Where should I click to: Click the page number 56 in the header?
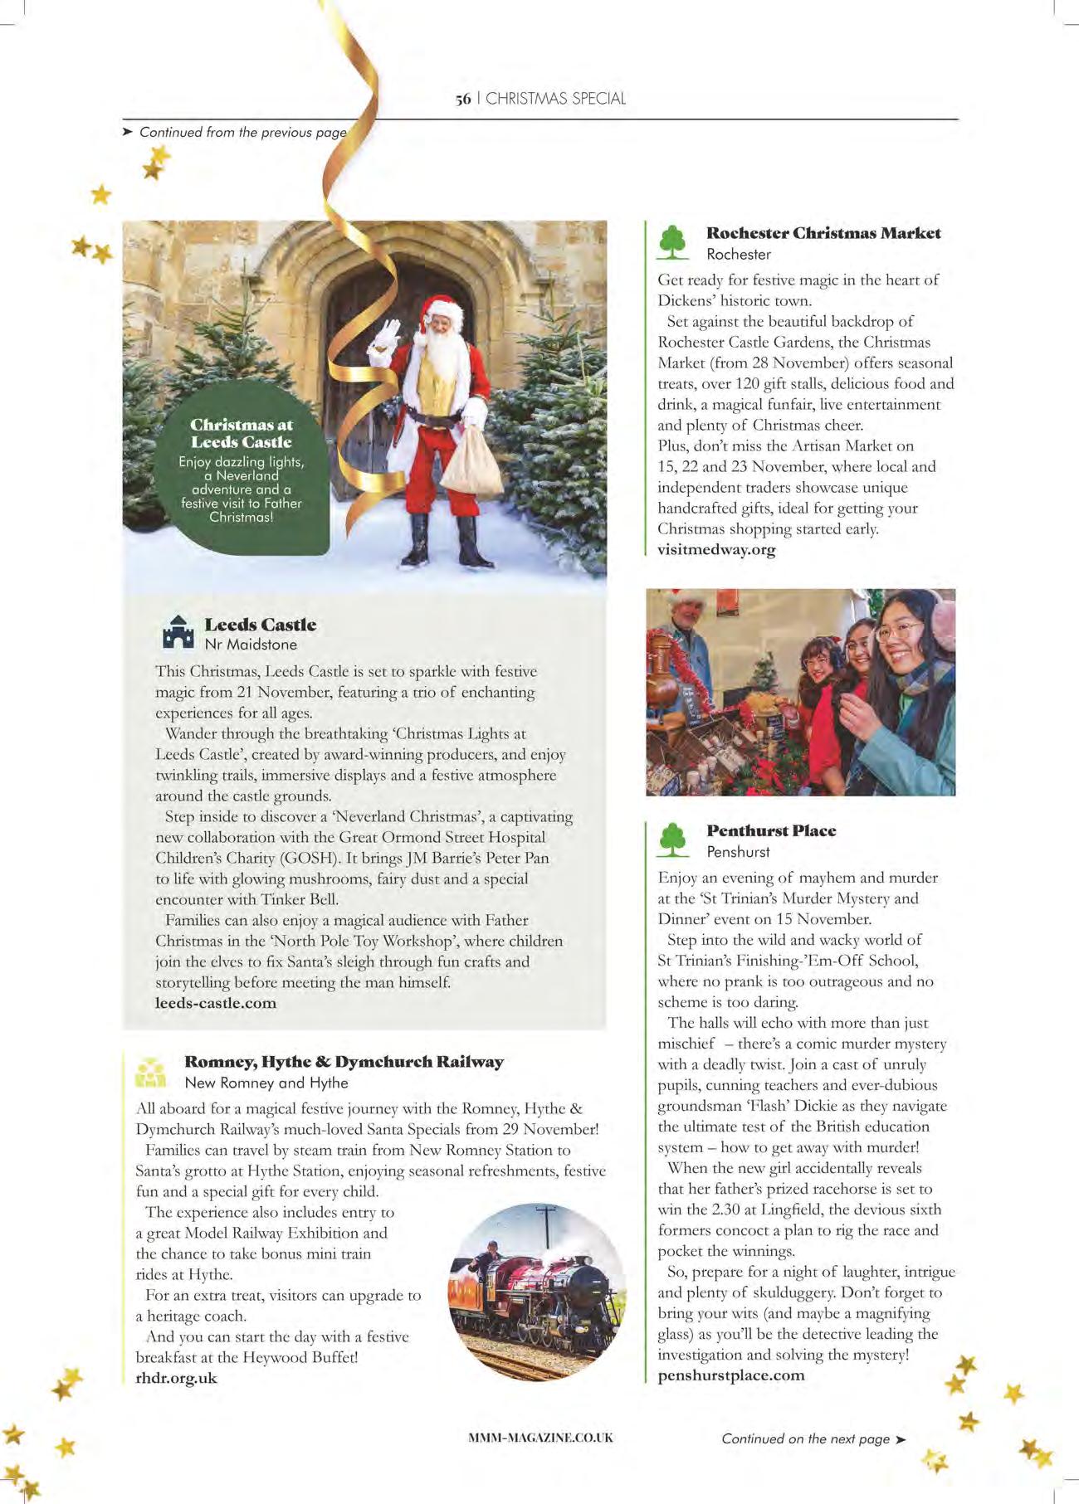(462, 99)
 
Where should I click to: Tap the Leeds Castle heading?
(260, 625)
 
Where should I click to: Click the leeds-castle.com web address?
(216, 1003)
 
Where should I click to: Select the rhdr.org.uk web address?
(176, 1378)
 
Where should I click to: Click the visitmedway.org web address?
(716, 549)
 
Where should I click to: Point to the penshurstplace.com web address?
(730, 1375)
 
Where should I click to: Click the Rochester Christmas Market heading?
(823, 233)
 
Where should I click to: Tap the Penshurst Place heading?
(771, 830)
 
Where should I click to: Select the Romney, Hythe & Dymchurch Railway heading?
(344, 1062)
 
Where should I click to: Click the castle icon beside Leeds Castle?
(178, 632)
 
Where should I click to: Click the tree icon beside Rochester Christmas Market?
(673, 242)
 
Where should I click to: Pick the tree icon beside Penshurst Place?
(673, 840)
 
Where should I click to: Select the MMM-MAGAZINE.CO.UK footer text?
(540, 1438)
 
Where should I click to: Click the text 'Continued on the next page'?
(805, 1438)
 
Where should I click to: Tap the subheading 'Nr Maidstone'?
(251, 645)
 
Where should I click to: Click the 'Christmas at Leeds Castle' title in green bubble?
(241, 433)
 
